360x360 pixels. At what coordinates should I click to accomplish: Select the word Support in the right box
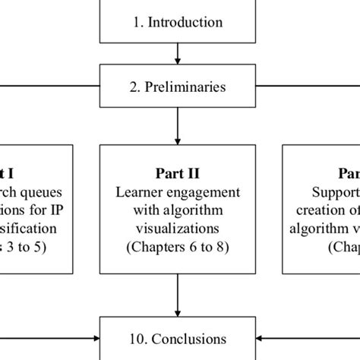[x=335, y=191]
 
